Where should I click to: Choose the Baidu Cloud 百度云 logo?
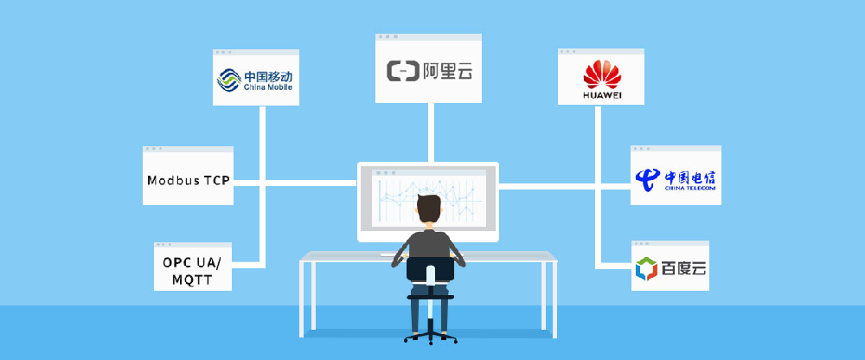point(670,269)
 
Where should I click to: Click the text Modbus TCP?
point(188,181)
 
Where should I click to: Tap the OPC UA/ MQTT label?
point(192,269)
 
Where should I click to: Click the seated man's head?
point(429,211)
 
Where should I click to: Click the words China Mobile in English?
point(267,87)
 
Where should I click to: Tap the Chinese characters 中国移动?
point(267,75)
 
